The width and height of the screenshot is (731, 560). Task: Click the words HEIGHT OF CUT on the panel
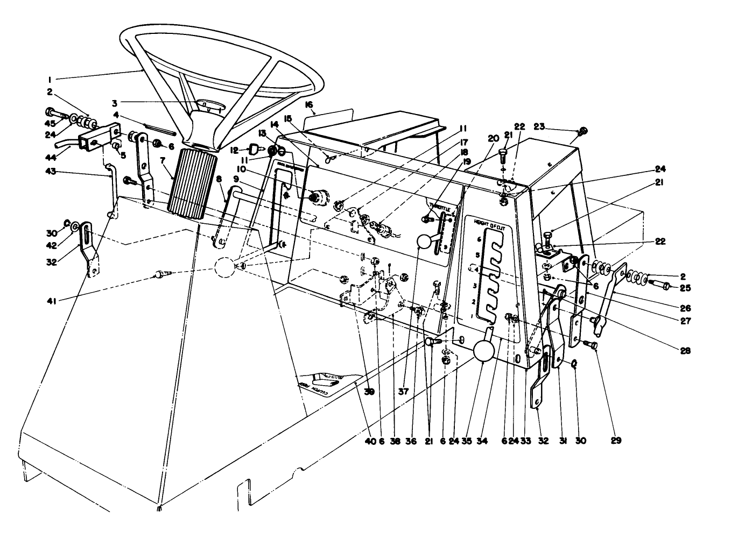pos(489,222)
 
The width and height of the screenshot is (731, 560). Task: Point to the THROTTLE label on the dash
pos(442,207)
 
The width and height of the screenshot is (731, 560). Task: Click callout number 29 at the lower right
pos(616,441)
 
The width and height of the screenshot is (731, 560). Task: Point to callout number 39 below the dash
pos(369,392)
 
